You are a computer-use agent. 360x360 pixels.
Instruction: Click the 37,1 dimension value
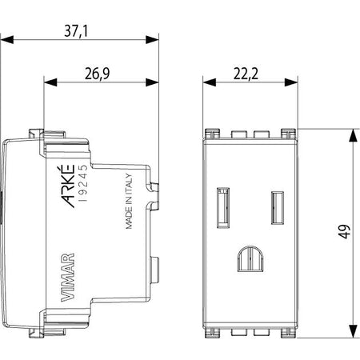tap(76, 31)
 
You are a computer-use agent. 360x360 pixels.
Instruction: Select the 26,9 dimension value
tap(98, 74)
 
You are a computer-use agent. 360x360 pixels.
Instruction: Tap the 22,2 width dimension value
tap(246, 74)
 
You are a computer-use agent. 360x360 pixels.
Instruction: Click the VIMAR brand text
tap(68, 278)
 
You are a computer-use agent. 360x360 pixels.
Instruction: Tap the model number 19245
tap(83, 182)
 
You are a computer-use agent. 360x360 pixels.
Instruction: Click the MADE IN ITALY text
tap(129, 202)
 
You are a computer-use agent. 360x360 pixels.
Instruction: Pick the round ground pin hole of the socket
tap(250, 258)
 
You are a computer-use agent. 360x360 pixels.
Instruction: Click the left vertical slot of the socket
tap(223, 208)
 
